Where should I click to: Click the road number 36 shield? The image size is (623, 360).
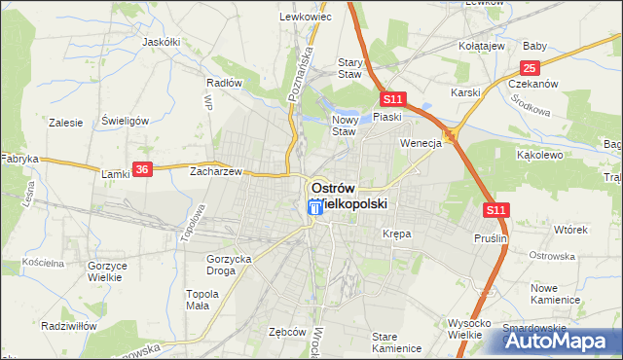pyautogui.click(x=142, y=169)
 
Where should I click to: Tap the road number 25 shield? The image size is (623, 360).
pyautogui.click(x=529, y=67)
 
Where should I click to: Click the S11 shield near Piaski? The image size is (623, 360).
pyautogui.click(x=392, y=99)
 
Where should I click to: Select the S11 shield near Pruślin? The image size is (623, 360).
pyautogui.click(x=495, y=209)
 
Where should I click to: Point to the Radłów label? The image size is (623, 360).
pyautogui.click(x=224, y=83)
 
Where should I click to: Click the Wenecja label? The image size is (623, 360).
pyautogui.click(x=421, y=142)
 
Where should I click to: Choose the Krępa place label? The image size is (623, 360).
pyautogui.click(x=396, y=234)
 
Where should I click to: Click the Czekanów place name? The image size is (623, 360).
pyautogui.click(x=533, y=84)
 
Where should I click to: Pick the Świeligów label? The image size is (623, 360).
pyautogui.click(x=124, y=122)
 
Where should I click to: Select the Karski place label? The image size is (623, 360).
pyautogui.click(x=466, y=92)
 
